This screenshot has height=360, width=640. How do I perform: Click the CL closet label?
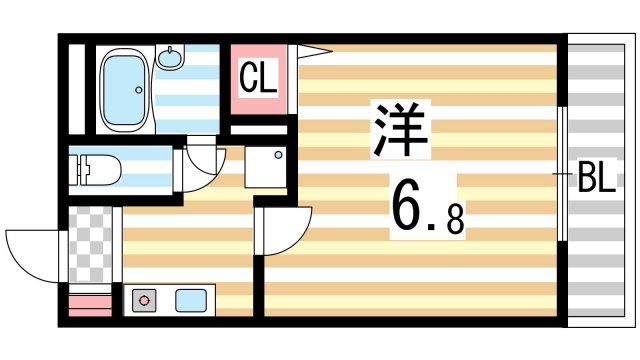(258, 77)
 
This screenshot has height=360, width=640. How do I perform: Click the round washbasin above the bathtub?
(173, 59)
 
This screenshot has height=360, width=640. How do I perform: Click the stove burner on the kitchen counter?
(146, 299)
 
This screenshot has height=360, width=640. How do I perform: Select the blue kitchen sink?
(191, 299)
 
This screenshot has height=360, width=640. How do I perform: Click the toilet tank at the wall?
(76, 169)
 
